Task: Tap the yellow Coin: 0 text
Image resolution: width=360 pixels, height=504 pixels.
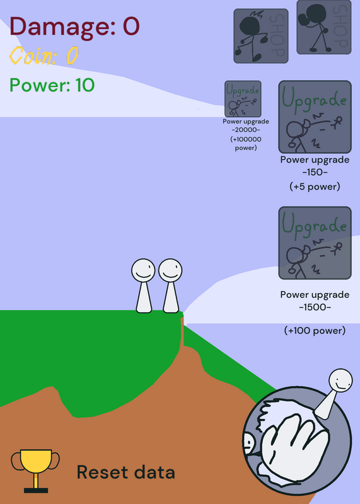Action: click(x=44, y=55)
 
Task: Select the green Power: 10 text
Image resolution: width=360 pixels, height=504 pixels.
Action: click(x=52, y=86)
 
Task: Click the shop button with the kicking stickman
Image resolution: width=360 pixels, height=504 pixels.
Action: click(x=261, y=36)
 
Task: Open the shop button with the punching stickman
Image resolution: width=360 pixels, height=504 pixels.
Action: click(x=323, y=27)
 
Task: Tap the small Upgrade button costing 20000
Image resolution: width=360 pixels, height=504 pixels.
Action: click(x=243, y=99)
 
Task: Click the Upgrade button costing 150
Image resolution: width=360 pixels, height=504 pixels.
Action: click(x=315, y=117)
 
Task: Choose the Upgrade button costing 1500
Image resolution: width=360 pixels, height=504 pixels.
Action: click(x=315, y=243)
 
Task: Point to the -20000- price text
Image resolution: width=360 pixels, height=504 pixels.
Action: click(x=246, y=130)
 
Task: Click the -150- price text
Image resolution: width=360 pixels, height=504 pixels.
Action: click(x=315, y=172)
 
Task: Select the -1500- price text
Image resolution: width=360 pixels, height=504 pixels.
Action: click(x=315, y=307)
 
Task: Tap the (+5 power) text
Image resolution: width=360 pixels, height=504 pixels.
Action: click(x=315, y=186)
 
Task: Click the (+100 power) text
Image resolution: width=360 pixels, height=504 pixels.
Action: click(x=315, y=330)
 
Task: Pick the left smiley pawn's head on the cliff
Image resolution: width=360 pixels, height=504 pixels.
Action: click(x=143, y=271)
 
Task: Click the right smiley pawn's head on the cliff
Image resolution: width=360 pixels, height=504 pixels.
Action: click(x=170, y=271)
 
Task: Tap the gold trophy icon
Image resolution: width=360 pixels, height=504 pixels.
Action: click(x=36, y=471)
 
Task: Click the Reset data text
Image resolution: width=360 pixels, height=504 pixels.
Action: click(x=126, y=472)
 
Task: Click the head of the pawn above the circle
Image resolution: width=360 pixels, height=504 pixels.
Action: click(x=340, y=381)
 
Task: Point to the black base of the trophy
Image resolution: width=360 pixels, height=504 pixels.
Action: click(x=36, y=491)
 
